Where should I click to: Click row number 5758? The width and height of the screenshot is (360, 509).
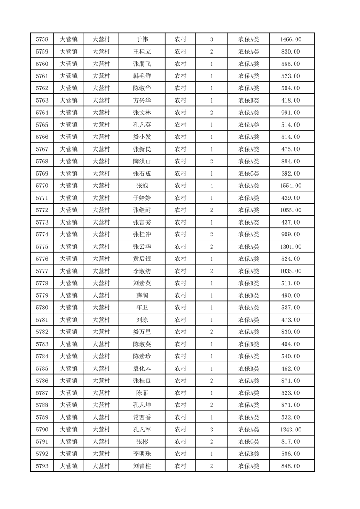click(x=42, y=39)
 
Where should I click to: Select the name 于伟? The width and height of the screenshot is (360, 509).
click(x=142, y=39)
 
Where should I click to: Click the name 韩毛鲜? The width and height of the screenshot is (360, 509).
click(x=142, y=76)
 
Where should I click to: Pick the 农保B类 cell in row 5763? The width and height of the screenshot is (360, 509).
click(x=248, y=100)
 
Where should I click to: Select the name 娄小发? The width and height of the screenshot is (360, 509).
click(x=142, y=137)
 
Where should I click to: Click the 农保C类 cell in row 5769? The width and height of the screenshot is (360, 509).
click(x=248, y=173)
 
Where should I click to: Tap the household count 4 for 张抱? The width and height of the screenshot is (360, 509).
click(x=212, y=186)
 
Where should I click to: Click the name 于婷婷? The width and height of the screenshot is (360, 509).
click(x=142, y=198)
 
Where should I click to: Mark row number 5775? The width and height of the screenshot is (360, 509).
click(x=42, y=246)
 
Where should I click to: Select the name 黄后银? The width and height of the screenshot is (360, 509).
click(x=142, y=259)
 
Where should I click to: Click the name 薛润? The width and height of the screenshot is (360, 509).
click(x=142, y=295)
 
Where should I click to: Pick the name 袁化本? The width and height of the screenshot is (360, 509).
click(x=142, y=368)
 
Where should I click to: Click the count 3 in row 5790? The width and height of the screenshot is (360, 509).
click(x=212, y=429)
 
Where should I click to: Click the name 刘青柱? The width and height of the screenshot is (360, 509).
click(x=142, y=466)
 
